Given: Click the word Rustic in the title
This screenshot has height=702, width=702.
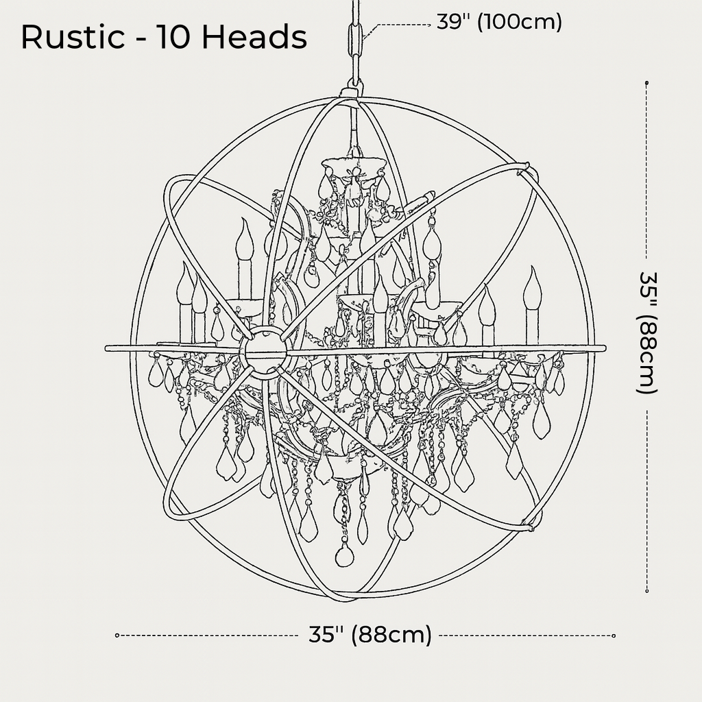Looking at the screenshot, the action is pyautogui.click(x=73, y=37).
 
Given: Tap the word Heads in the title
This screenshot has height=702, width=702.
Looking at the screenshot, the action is pyautogui.click(x=254, y=37).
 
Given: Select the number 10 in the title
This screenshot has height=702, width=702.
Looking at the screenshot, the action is pyautogui.click(x=173, y=37).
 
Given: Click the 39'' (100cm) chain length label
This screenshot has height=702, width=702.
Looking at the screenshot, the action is pyautogui.click(x=499, y=21).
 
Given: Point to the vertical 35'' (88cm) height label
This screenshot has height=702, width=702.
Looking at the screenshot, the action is pyautogui.click(x=647, y=332).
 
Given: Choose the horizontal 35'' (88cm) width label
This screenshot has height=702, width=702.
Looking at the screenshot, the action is pyautogui.click(x=370, y=635).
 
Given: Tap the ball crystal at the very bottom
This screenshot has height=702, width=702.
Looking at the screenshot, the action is pyautogui.click(x=345, y=557).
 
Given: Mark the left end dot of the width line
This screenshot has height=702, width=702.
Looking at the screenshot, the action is pyautogui.click(x=117, y=636).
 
